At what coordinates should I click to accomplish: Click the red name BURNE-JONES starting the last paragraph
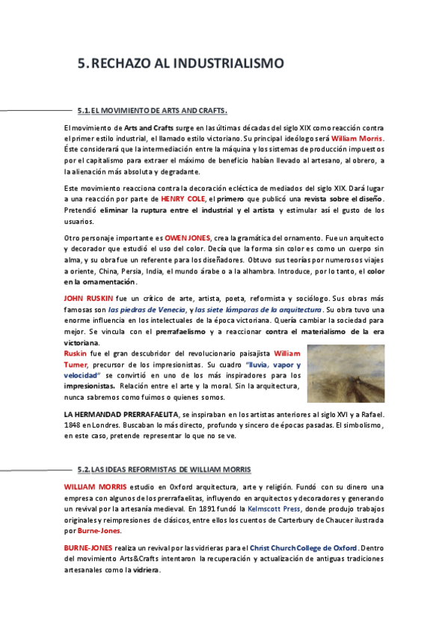pos(90,548)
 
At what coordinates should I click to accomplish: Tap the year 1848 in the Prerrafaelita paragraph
pos(73,425)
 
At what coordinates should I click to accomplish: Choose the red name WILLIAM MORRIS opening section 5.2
pos(95,487)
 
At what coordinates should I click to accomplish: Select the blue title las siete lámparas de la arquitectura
pos(258,309)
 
